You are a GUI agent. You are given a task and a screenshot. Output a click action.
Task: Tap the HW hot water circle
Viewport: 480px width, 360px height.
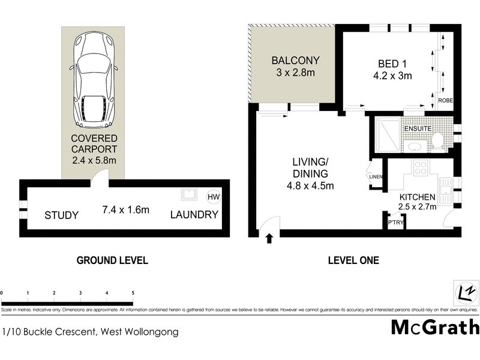click(213, 197)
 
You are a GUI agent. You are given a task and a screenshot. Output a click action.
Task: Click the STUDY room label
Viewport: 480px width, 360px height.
click(61, 215)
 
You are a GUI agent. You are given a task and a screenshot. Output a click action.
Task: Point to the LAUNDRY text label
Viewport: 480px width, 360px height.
click(194, 215)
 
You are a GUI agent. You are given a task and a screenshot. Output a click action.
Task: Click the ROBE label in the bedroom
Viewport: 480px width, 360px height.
click(445, 101)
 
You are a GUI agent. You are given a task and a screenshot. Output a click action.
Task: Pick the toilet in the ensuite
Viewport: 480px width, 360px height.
click(437, 141)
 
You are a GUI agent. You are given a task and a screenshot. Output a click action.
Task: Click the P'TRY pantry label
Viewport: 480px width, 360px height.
click(395, 223)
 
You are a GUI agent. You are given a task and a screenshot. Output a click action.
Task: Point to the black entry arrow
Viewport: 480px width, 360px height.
click(269, 239)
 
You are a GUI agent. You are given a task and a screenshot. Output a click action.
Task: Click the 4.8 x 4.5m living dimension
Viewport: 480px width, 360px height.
click(310, 185)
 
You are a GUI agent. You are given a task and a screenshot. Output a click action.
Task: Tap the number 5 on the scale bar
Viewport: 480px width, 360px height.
click(133, 293)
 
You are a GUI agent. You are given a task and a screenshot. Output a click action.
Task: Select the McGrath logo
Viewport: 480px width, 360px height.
click(435, 328)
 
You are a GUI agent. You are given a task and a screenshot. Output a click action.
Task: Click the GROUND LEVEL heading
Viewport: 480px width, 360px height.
click(112, 260)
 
